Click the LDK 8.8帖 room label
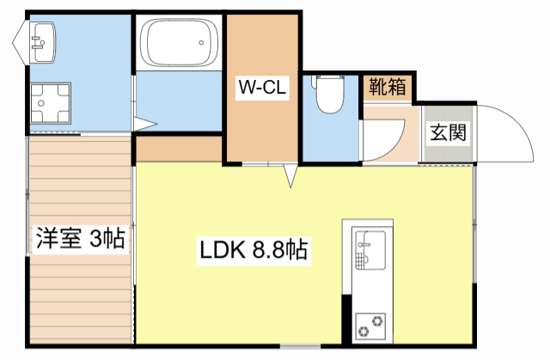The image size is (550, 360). point(254,251)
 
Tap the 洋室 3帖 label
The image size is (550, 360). point(80,238)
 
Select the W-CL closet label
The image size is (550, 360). point(261,86)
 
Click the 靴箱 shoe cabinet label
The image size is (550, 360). point(387,87)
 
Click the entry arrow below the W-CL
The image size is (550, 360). point(290,176)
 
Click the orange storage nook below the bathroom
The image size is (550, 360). point(179,148)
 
